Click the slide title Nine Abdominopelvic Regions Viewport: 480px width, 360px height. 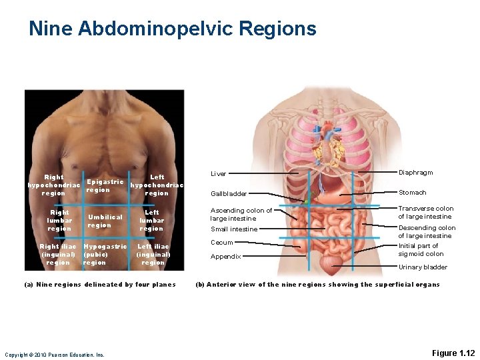(172, 29)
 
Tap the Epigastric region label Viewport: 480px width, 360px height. (104, 185)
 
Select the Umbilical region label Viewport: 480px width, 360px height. (105, 221)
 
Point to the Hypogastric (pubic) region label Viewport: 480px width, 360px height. (104, 254)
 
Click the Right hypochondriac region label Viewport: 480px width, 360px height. (53, 185)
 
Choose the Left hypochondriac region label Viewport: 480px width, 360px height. (157, 185)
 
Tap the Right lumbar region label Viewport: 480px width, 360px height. (59, 221)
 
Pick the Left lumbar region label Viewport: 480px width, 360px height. (151, 221)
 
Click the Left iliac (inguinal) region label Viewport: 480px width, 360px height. (153, 254)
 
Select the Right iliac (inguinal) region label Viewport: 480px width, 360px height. (58, 254)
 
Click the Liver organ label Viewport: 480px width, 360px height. (218, 174)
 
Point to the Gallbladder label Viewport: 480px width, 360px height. (229, 194)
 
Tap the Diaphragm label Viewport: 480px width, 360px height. (415, 173)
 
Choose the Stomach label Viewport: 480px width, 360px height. (412, 193)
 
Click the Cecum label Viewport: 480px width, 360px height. (221, 243)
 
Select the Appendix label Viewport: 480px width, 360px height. (225, 257)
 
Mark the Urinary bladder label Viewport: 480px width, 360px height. (423, 267)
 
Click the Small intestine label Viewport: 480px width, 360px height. (233, 229)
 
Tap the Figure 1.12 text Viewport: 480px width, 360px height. (453, 353)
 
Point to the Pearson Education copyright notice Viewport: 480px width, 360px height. (55, 355)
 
